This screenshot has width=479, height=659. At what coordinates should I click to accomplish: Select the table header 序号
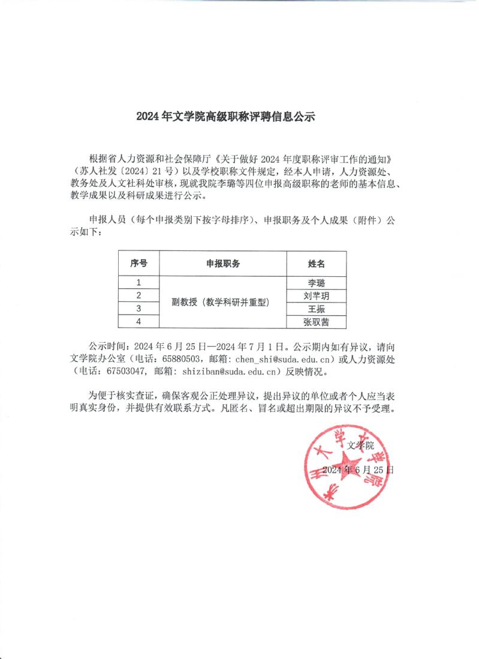tap(138, 264)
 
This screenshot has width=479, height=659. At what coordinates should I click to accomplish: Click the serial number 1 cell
tap(138, 283)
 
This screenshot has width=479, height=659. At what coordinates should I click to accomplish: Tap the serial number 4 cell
tap(138, 322)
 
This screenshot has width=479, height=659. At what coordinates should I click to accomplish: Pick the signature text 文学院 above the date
tap(360, 445)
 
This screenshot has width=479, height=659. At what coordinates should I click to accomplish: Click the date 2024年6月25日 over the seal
tap(358, 470)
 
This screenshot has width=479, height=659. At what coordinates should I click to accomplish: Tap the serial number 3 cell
tap(138, 309)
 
